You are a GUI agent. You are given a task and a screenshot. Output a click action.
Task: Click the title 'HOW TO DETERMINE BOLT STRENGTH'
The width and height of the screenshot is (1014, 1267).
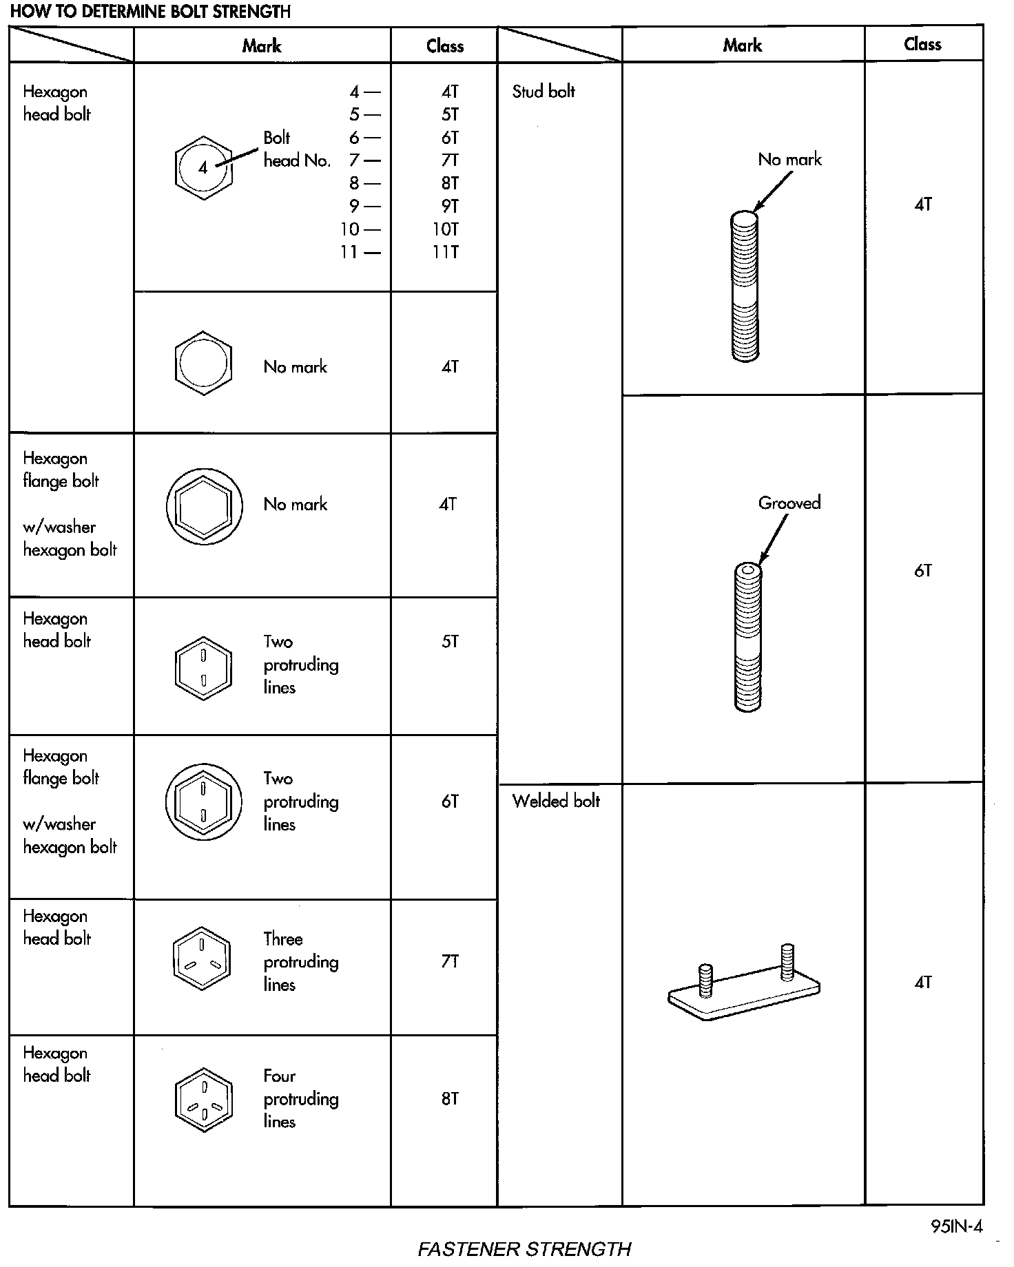coord(150,12)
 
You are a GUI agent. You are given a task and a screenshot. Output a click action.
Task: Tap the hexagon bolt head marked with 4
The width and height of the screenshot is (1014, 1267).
coord(203,167)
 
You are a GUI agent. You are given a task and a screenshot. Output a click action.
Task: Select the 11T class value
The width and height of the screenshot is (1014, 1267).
coord(445,252)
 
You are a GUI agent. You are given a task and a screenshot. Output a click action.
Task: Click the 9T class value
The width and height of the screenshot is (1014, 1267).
coord(449,206)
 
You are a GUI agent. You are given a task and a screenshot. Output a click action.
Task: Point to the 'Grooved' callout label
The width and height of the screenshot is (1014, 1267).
coord(789,503)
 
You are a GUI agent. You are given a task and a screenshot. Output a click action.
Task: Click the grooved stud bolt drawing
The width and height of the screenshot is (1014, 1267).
coord(747,637)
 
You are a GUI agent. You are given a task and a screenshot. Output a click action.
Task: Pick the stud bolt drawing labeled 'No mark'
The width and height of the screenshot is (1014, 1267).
coord(745,286)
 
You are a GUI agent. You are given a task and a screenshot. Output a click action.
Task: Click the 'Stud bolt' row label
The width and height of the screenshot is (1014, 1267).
coord(544,92)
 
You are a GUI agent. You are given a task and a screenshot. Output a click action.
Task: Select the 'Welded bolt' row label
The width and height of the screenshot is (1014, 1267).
coord(556,801)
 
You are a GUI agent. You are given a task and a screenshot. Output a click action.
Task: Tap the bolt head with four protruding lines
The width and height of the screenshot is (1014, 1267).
coord(203,1100)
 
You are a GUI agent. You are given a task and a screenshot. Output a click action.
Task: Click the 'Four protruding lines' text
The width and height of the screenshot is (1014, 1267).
coord(300,1098)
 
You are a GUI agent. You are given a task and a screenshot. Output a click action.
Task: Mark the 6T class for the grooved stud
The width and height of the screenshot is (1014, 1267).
coord(923,570)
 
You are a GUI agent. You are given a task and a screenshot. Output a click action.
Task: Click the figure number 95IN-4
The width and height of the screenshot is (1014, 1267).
coord(956,1226)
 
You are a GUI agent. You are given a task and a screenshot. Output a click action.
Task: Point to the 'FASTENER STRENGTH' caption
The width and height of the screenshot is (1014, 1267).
coord(524,1248)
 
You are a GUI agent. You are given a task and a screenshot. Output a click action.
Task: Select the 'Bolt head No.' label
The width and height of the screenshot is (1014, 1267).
coord(296,149)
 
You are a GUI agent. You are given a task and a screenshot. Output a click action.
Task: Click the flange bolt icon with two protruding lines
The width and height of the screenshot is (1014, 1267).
coord(203,802)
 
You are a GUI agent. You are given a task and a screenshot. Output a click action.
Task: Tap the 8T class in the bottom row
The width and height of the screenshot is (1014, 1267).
coord(449,1098)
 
